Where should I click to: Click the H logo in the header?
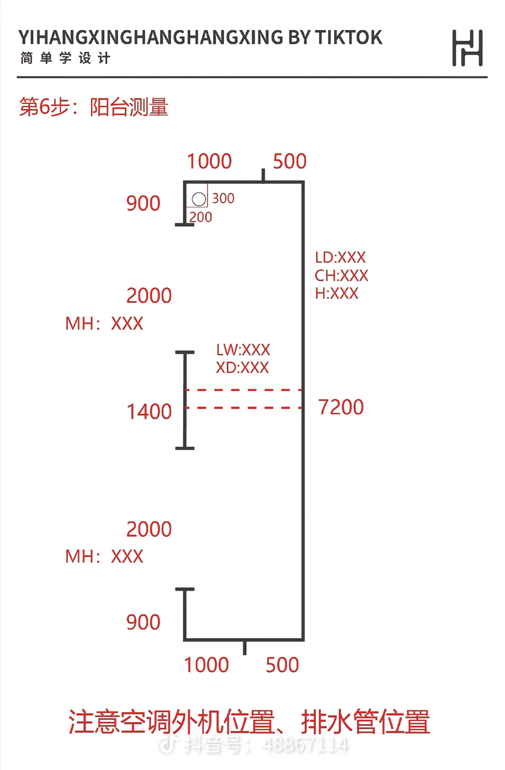point(467,48)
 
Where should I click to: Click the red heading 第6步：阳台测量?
point(94,107)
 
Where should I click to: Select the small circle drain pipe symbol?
point(199,200)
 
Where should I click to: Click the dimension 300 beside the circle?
point(223,198)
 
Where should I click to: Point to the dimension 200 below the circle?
point(201,217)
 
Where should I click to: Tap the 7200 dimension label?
point(341,407)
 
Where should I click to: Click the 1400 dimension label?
point(149,412)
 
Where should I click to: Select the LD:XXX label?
point(340,257)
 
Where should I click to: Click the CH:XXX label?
point(341,276)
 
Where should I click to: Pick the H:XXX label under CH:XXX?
point(336,294)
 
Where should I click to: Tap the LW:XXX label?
point(243,350)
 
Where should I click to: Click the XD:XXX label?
point(243,368)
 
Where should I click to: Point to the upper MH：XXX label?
point(104,324)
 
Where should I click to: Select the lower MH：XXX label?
point(104,556)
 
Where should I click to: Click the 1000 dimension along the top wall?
point(209,161)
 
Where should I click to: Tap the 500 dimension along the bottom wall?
point(282,665)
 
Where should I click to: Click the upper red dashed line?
point(243,390)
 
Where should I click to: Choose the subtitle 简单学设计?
point(65,59)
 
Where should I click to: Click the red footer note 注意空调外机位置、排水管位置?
point(250,722)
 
